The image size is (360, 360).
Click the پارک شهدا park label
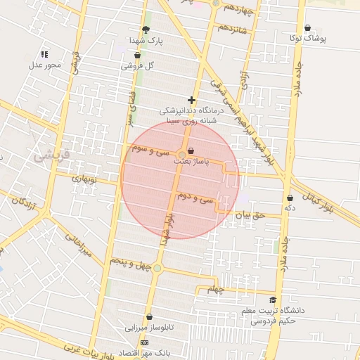coord(146,41)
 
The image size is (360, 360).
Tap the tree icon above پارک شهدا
coord(146,30)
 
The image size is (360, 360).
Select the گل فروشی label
coord(137,65)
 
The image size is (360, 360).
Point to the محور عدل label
coord(45,65)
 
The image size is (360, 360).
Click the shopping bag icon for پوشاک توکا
coord(307,28)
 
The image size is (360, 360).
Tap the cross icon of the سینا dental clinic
coord(191,100)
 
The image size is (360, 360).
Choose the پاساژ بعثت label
coord(191,161)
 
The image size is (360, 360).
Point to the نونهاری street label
coord(84,179)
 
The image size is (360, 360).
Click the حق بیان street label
coord(252,216)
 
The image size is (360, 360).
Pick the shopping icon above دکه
coord(290,198)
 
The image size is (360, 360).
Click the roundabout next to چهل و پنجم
coord(157,268)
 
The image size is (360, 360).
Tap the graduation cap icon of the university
coord(273,300)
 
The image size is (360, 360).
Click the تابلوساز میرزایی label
coord(149,328)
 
